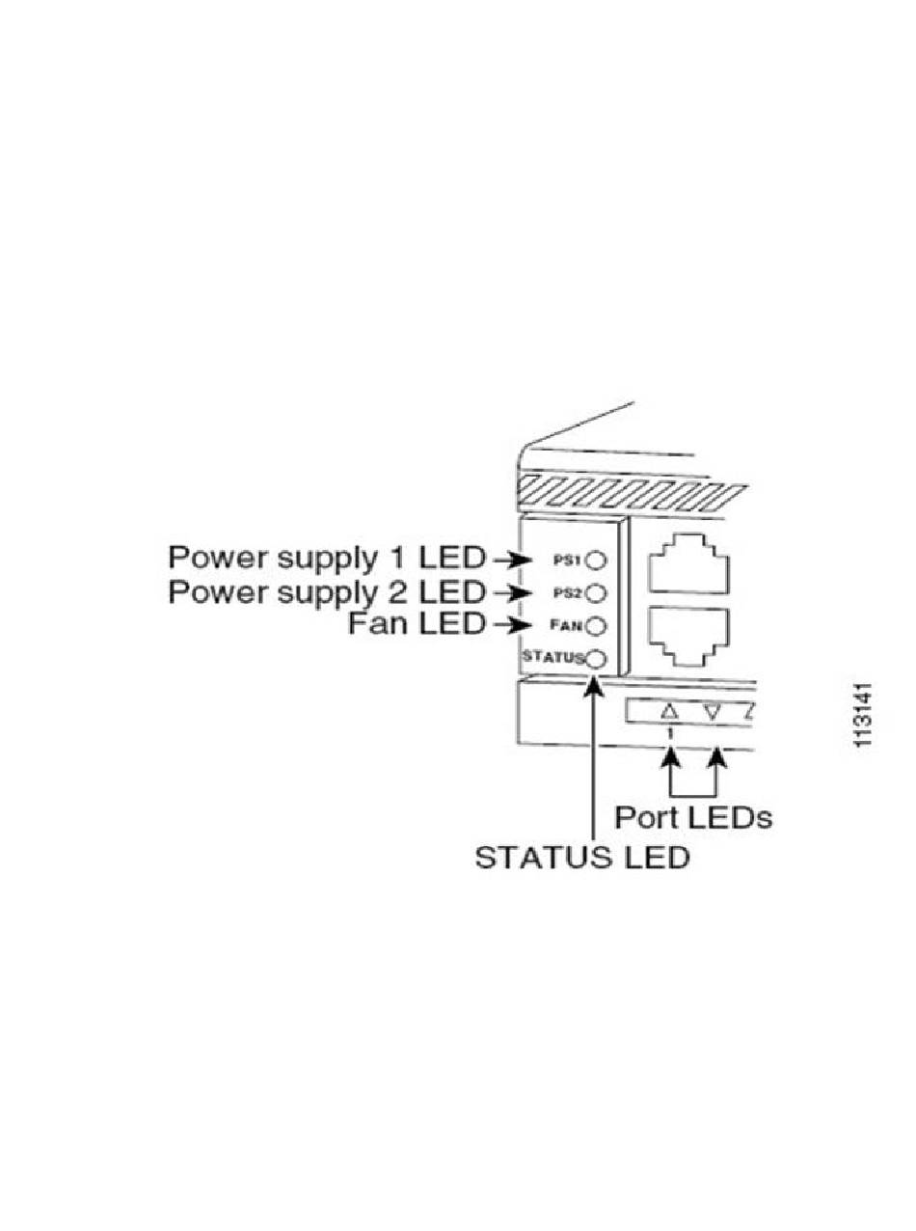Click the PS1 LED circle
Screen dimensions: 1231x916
tap(596, 560)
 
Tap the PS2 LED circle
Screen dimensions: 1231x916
tap(596, 592)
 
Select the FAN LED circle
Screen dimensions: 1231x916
tap(596, 625)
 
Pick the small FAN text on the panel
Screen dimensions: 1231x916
tap(569, 625)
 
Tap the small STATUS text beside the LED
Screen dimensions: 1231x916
tap(552, 659)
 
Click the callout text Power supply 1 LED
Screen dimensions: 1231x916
tap(328, 558)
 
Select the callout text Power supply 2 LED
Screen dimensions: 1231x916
tap(328, 590)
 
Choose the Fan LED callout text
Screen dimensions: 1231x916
tap(416, 624)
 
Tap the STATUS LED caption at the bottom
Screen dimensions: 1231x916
tap(582, 857)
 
